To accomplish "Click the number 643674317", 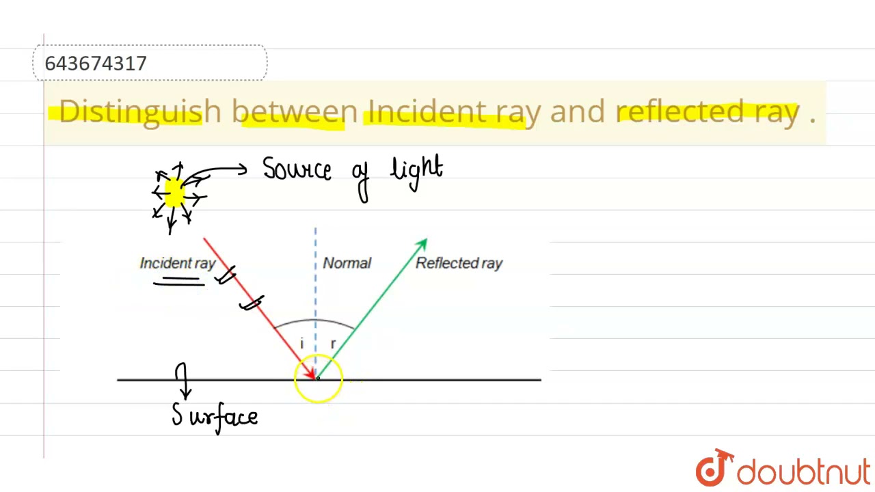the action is (x=96, y=64).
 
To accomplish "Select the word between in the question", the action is (x=294, y=111).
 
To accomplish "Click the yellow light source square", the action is (x=174, y=193).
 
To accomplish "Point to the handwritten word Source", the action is (x=297, y=169).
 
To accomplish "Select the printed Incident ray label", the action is (x=177, y=263).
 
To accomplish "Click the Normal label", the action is (x=347, y=263).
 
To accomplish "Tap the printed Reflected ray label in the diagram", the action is (x=459, y=263).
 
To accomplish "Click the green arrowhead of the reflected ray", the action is (x=422, y=244).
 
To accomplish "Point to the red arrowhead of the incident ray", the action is (x=310, y=372).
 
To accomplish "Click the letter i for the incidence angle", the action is (x=301, y=344).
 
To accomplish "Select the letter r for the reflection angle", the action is (x=333, y=344).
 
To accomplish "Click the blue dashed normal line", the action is (x=315, y=287).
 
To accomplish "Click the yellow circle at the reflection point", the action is (x=319, y=379).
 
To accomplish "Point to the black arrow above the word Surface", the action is (x=183, y=381).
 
